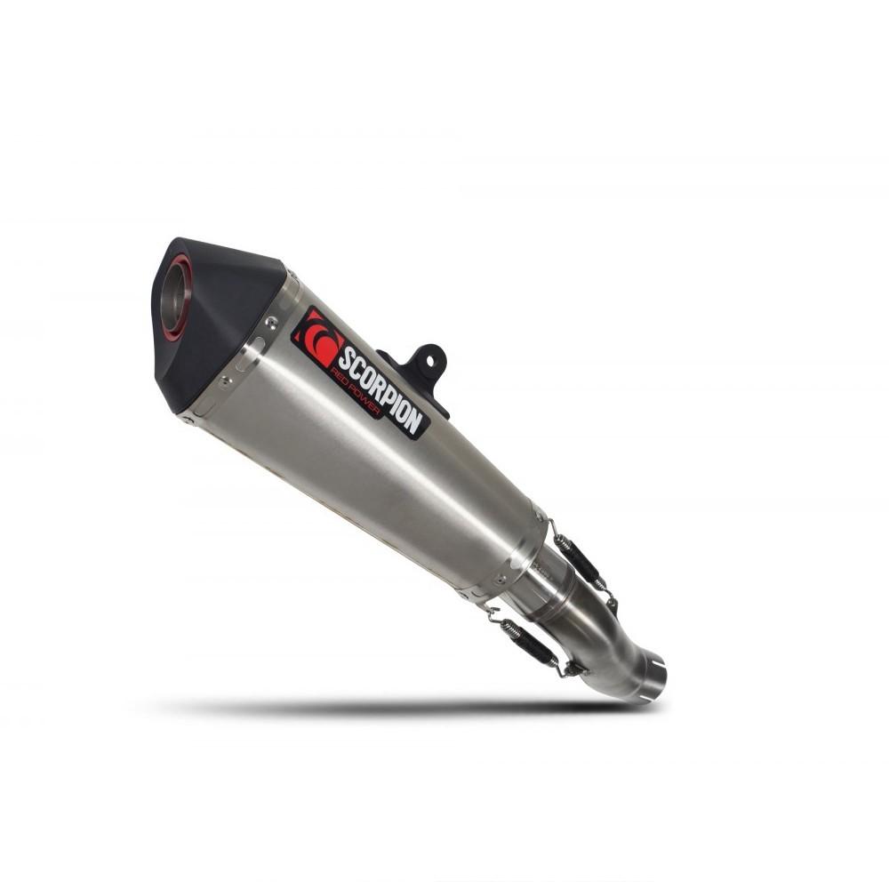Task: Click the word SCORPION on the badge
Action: pos(380,392)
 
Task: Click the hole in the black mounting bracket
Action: pos(429,361)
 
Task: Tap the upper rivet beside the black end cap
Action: pos(274,322)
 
